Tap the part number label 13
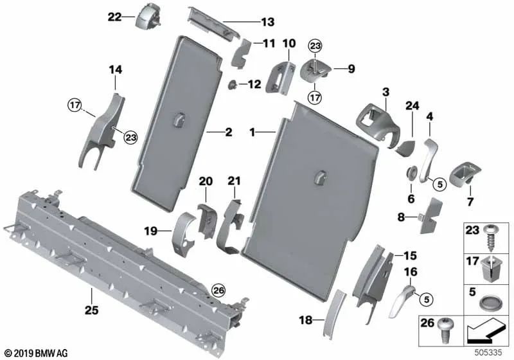coord(267,22)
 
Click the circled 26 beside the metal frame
coord(219,290)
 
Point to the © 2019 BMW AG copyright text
coord(35,354)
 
